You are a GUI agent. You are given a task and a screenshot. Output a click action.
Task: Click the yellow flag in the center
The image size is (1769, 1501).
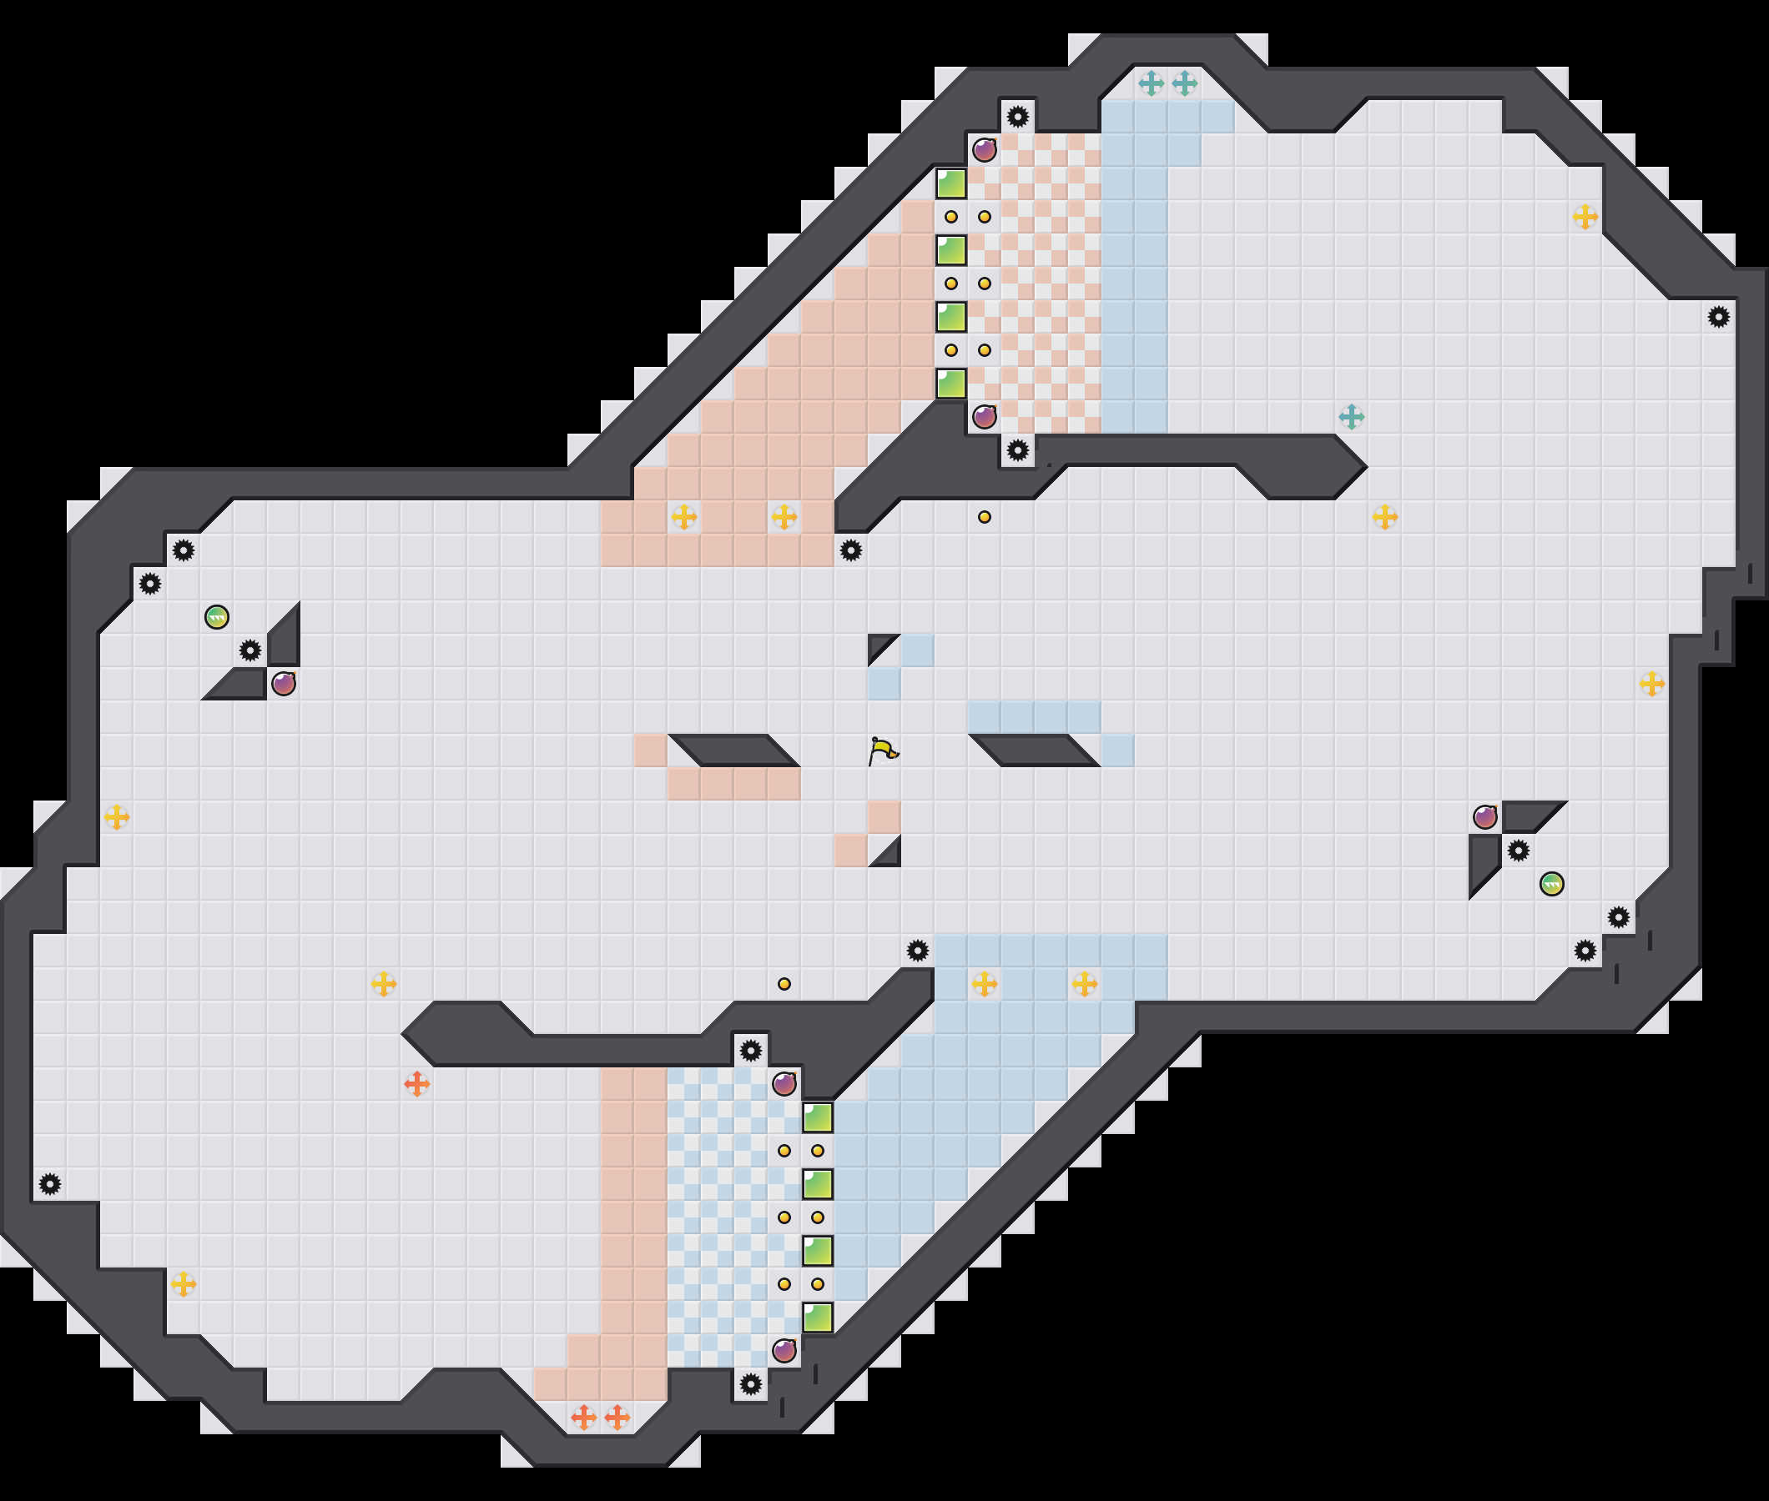pos(884,751)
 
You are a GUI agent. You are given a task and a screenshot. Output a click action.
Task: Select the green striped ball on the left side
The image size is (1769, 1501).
pos(217,617)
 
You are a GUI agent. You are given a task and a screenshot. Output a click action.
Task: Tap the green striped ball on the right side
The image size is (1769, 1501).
pos(1551,884)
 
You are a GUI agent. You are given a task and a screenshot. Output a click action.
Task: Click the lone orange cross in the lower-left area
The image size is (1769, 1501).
pos(416,1084)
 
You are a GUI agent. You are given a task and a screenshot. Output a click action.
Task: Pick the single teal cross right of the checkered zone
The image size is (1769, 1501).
pos(1351,417)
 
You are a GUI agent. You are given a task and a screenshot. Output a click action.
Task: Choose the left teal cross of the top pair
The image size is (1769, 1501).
pos(1151,83)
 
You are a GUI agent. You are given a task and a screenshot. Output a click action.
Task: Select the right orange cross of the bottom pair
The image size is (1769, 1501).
pos(617,1418)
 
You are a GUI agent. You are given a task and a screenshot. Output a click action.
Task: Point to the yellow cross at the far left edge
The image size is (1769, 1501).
pos(117,817)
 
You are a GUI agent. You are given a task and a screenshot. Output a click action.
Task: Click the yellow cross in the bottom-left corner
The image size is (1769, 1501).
pos(183,1284)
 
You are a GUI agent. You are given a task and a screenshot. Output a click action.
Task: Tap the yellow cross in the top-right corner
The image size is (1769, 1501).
pos(1585,217)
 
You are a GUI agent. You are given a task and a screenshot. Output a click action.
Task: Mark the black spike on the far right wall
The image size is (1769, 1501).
pos(1718,318)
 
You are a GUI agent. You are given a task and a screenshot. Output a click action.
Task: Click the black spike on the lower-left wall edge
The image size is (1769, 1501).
pos(50,1183)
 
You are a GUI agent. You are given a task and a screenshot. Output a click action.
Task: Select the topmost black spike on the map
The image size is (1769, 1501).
pos(1017,117)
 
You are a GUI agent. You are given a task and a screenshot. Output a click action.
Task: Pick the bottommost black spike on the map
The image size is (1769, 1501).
pos(750,1384)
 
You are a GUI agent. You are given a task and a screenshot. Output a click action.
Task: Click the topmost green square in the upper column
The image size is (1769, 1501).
pos(951,183)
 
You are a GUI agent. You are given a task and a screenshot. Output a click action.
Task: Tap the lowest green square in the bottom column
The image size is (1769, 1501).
pos(817,1318)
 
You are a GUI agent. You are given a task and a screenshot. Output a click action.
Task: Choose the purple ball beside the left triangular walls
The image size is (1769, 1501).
pos(284,683)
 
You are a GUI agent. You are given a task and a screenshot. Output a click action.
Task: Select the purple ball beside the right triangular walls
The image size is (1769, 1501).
pos(1484,817)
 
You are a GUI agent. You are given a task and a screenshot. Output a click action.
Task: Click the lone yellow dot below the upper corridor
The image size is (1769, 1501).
pos(984,517)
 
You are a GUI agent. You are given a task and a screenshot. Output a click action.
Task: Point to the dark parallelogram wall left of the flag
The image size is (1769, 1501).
pos(733,750)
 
